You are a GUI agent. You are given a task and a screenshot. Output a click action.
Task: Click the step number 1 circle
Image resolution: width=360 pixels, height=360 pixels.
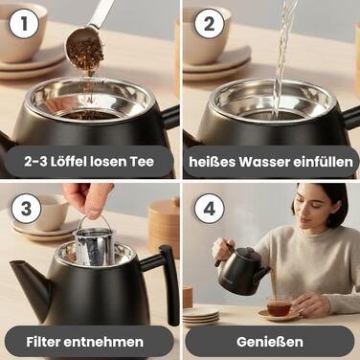[x=24, y=24]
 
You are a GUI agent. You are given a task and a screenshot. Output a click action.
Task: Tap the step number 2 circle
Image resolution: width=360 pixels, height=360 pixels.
[x=209, y=24]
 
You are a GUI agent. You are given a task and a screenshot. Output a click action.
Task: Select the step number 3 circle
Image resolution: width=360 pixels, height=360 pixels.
[x=26, y=209]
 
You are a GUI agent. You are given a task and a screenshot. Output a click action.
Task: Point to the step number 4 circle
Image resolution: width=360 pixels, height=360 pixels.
[x=209, y=209]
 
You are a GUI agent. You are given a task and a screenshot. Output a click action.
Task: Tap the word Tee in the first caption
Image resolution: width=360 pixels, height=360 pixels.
[x=142, y=161]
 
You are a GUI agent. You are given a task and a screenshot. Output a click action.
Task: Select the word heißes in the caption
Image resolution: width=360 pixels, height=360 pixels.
[x=212, y=162]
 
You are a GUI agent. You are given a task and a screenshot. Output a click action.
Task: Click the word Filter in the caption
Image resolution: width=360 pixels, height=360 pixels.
[x=43, y=342]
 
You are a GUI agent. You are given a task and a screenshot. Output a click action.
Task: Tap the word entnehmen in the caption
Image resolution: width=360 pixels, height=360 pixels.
[x=103, y=342]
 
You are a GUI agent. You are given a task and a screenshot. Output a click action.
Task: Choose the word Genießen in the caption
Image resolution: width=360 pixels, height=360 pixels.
[x=270, y=342]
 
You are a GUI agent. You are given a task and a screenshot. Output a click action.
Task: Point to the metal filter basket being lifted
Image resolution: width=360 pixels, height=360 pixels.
[x=94, y=246]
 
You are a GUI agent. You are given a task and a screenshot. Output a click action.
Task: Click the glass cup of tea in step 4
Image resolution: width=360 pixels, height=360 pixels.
[x=280, y=306]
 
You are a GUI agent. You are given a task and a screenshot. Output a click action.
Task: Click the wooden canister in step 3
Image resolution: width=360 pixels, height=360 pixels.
[x=164, y=227]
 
